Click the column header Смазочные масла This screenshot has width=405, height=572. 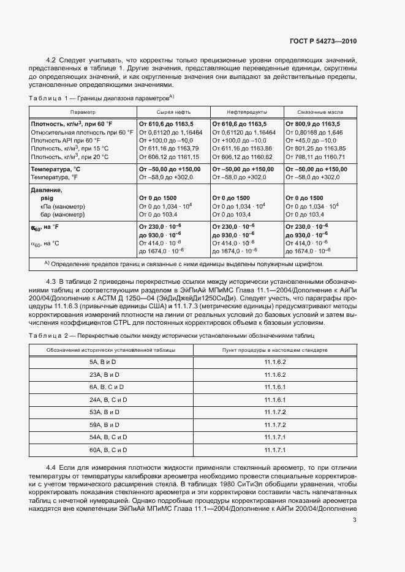[x=319, y=113]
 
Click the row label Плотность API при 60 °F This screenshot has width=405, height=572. [x=66, y=140]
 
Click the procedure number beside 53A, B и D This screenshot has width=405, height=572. [x=275, y=412]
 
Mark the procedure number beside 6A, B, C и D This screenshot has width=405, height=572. [x=275, y=387]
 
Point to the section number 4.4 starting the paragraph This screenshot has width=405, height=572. [x=52, y=467]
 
